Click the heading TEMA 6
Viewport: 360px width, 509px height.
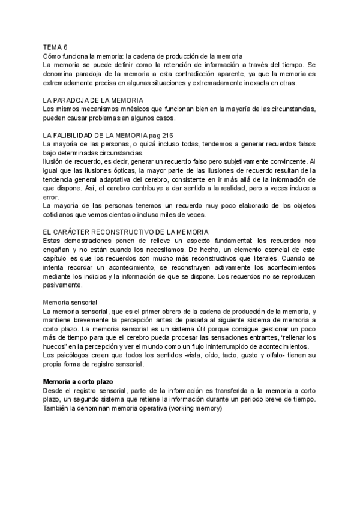tap(56, 46)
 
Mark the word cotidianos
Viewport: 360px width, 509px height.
tap(61, 214)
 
